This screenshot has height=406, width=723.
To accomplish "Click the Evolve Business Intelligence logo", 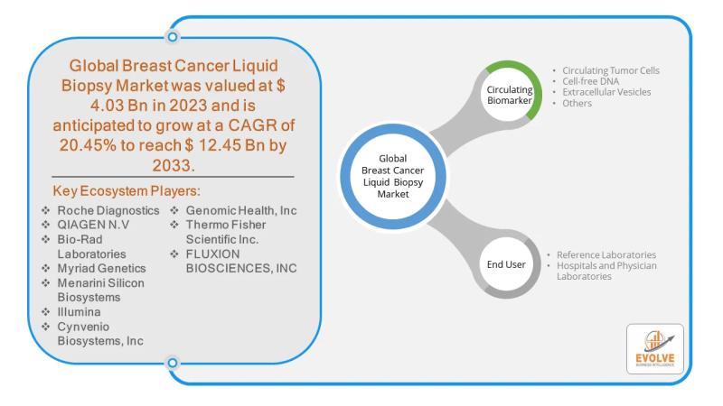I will pos(654,349).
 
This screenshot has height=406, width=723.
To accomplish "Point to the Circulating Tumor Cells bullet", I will pos(611,70).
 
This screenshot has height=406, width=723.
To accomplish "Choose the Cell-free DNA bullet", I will pos(592,81).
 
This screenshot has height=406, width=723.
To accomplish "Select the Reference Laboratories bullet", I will pos(606,255).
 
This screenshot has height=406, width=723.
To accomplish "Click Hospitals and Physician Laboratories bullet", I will pos(606,271).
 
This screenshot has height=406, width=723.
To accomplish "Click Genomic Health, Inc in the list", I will pos(240,211).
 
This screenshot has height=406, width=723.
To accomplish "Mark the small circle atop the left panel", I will pos(172,37).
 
